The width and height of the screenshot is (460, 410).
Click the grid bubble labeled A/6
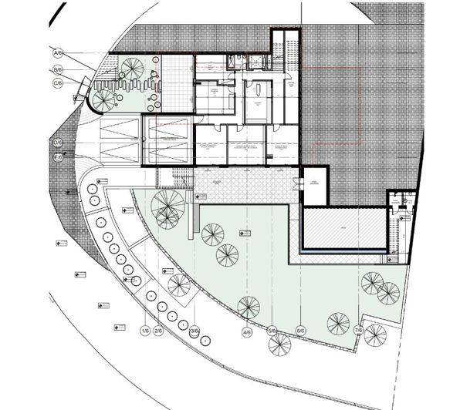pyautogui.click(x=56, y=53)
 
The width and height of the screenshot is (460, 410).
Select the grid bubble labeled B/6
pyautogui.click(x=56, y=68)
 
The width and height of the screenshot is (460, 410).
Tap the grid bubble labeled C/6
pyautogui.click(x=57, y=82)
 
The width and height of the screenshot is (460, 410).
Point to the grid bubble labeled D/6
pyautogui.click(x=57, y=143)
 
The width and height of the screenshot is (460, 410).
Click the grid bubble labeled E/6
pyautogui.click(x=57, y=158)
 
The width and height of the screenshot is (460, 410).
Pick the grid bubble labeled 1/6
pyautogui.click(x=144, y=331)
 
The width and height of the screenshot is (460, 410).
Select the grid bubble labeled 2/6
pyautogui.click(x=159, y=331)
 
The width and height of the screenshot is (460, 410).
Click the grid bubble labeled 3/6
pyautogui.click(x=194, y=331)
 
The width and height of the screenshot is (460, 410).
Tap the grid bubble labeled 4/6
pyautogui.click(x=247, y=333)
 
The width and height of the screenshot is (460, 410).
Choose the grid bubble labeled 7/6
pyautogui.click(x=358, y=331)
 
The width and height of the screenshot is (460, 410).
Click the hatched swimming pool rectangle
pyautogui.click(x=343, y=227)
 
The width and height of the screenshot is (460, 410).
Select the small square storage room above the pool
pyautogui.click(x=314, y=185)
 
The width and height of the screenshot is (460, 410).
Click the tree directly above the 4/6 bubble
pyautogui.click(x=249, y=307)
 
